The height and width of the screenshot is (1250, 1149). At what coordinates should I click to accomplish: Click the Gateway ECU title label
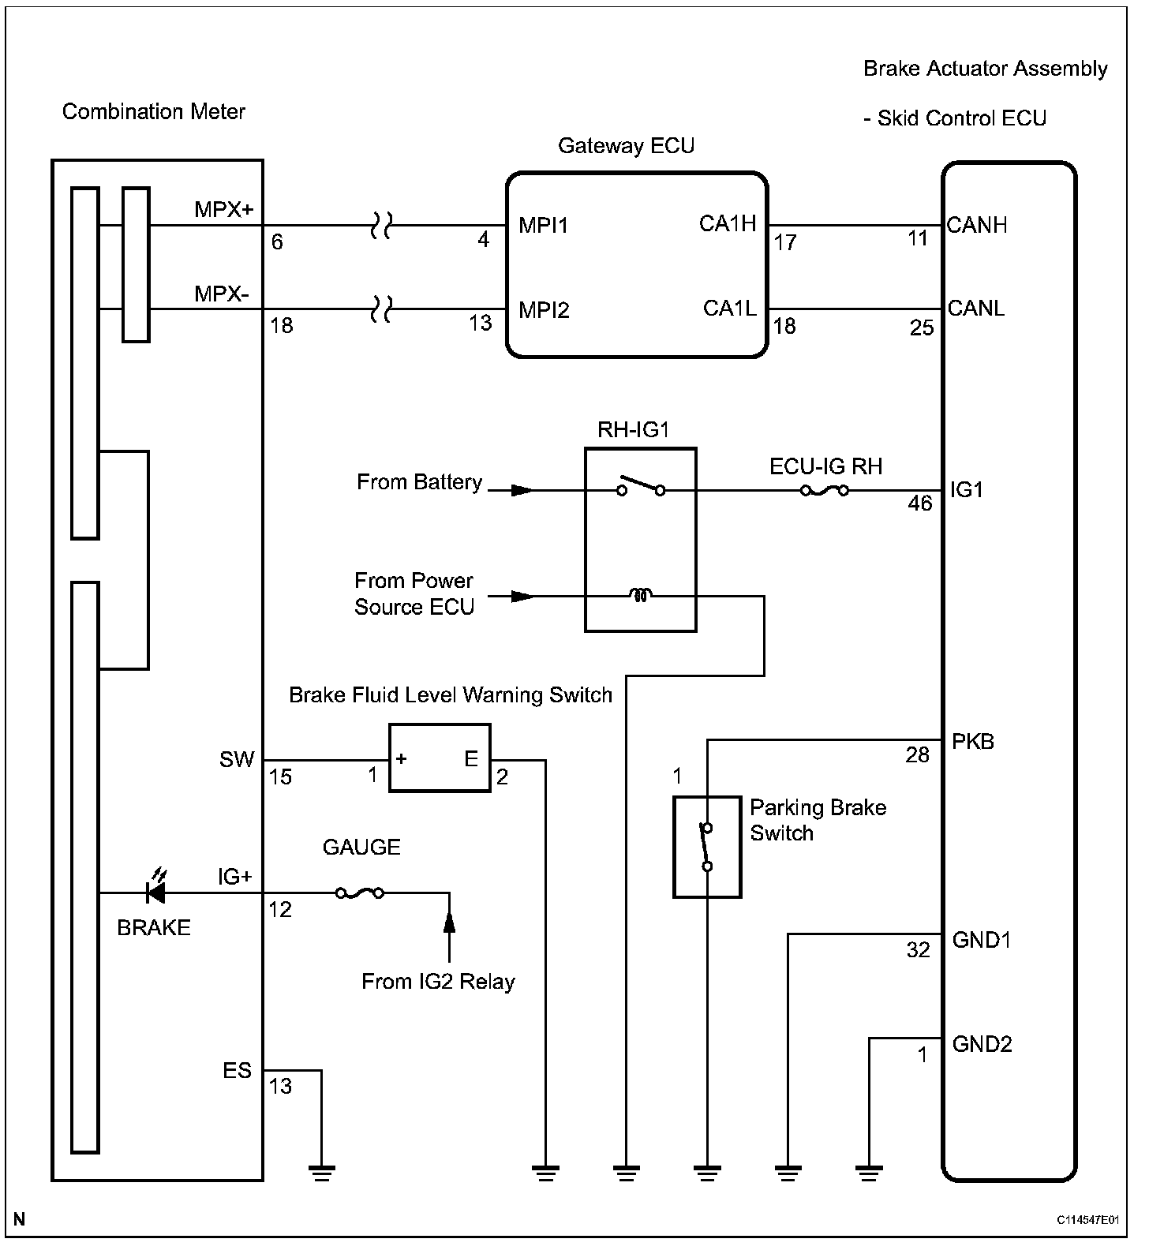[626, 146]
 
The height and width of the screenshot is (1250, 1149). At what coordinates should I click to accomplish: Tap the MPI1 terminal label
[544, 226]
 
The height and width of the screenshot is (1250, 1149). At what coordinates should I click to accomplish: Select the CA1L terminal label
[729, 309]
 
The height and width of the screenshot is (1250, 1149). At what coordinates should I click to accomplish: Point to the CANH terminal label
[977, 226]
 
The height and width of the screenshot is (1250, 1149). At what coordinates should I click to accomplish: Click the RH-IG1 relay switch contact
[642, 486]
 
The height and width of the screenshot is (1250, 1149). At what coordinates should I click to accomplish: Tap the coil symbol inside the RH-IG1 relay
[641, 596]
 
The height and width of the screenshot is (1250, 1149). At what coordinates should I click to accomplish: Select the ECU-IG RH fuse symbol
[825, 491]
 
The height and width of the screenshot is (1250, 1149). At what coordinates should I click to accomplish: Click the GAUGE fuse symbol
[360, 893]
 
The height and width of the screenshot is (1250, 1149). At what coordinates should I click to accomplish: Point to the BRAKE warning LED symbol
[155, 889]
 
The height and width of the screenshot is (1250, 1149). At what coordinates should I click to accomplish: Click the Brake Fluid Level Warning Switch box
[440, 758]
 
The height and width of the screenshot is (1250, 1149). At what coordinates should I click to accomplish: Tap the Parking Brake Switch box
[707, 847]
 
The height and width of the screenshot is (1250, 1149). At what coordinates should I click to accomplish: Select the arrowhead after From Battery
[522, 491]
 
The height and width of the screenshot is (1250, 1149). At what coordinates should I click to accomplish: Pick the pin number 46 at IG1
[920, 503]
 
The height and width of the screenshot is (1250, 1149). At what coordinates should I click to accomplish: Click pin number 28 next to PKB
[917, 755]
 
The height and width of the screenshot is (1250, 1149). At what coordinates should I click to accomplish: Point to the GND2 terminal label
[982, 1044]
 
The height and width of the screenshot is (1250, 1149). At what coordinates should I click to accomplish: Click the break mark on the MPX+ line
[381, 226]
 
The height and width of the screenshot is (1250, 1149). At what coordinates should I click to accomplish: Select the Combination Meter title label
[154, 111]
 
